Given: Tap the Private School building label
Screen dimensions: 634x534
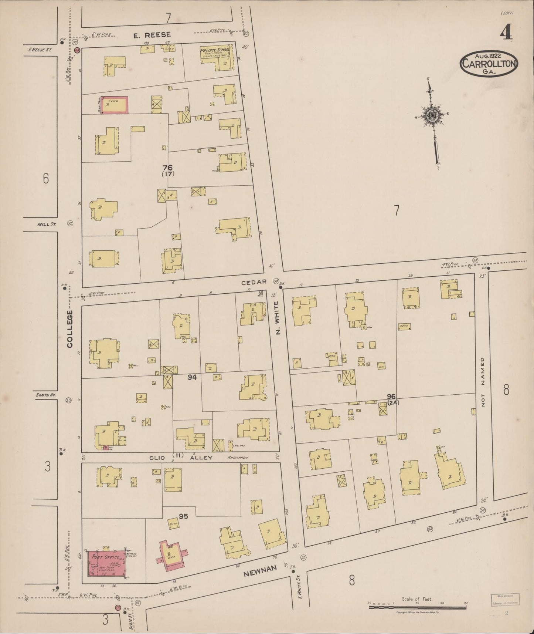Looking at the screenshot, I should (x=215, y=50).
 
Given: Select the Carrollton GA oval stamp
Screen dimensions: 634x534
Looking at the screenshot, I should (x=489, y=63).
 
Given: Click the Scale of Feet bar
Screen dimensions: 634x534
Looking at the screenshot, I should (x=418, y=607).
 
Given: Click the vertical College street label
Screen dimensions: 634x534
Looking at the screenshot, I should (x=70, y=329).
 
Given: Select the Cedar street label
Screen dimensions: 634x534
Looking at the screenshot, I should (x=254, y=282).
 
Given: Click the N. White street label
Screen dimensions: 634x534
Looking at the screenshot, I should (x=278, y=317).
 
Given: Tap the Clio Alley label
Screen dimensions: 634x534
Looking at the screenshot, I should (x=181, y=458).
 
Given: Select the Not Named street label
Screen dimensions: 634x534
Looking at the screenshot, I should (x=483, y=382).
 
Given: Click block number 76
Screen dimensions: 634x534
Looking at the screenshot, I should (x=167, y=168).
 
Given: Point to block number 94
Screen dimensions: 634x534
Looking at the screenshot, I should (x=192, y=377).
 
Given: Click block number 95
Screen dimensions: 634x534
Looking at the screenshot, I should (x=183, y=516).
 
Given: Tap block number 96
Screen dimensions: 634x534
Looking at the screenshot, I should (x=391, y=397).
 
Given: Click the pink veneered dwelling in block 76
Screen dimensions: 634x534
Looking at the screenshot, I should (x=115, y=105).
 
